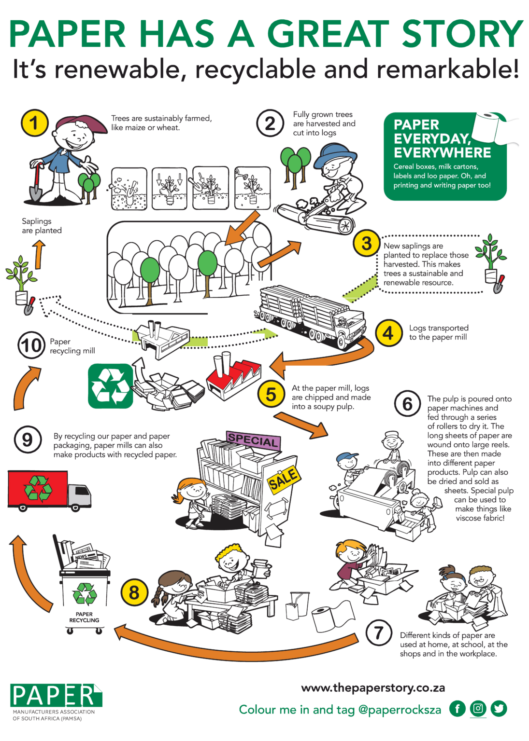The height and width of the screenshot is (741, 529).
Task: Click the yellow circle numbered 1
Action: tap(35, 123)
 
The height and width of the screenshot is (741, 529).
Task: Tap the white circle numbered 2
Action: tap(270, 123)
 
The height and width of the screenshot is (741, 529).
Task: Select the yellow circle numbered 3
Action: tap(367, 243)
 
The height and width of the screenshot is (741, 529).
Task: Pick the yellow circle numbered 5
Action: tap(271, 394)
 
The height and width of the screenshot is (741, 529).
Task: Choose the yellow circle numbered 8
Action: tap(134, 592)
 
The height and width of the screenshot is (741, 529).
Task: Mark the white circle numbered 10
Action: tap(31, 345)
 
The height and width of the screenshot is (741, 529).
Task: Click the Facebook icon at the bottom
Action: tap(457, 709)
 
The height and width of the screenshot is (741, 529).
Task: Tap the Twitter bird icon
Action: tap(499, 709)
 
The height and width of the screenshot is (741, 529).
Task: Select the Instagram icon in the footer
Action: tap(478, 708)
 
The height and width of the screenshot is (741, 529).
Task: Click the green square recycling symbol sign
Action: tap(110, 386)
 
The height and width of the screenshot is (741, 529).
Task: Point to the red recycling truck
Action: tap(48, 490)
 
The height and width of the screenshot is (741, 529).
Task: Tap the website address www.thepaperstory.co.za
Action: tap(373, 687)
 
